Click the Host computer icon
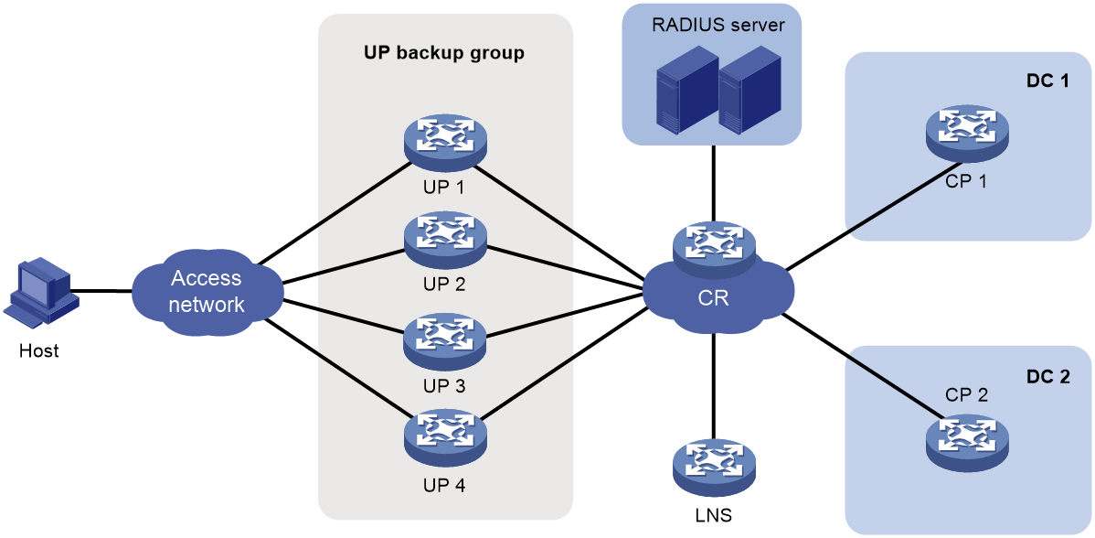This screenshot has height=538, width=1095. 41,293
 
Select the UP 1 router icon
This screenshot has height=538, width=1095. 444,142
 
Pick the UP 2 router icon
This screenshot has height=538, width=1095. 444,240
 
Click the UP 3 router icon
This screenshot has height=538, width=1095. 444,341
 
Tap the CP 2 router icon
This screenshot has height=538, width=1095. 967,438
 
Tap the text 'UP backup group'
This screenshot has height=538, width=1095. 444,54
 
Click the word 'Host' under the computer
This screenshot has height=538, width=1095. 40,350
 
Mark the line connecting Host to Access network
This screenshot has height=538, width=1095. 105,291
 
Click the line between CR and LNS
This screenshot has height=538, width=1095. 713,386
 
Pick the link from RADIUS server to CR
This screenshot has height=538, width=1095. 713,183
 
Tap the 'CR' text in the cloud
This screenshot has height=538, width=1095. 713,298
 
